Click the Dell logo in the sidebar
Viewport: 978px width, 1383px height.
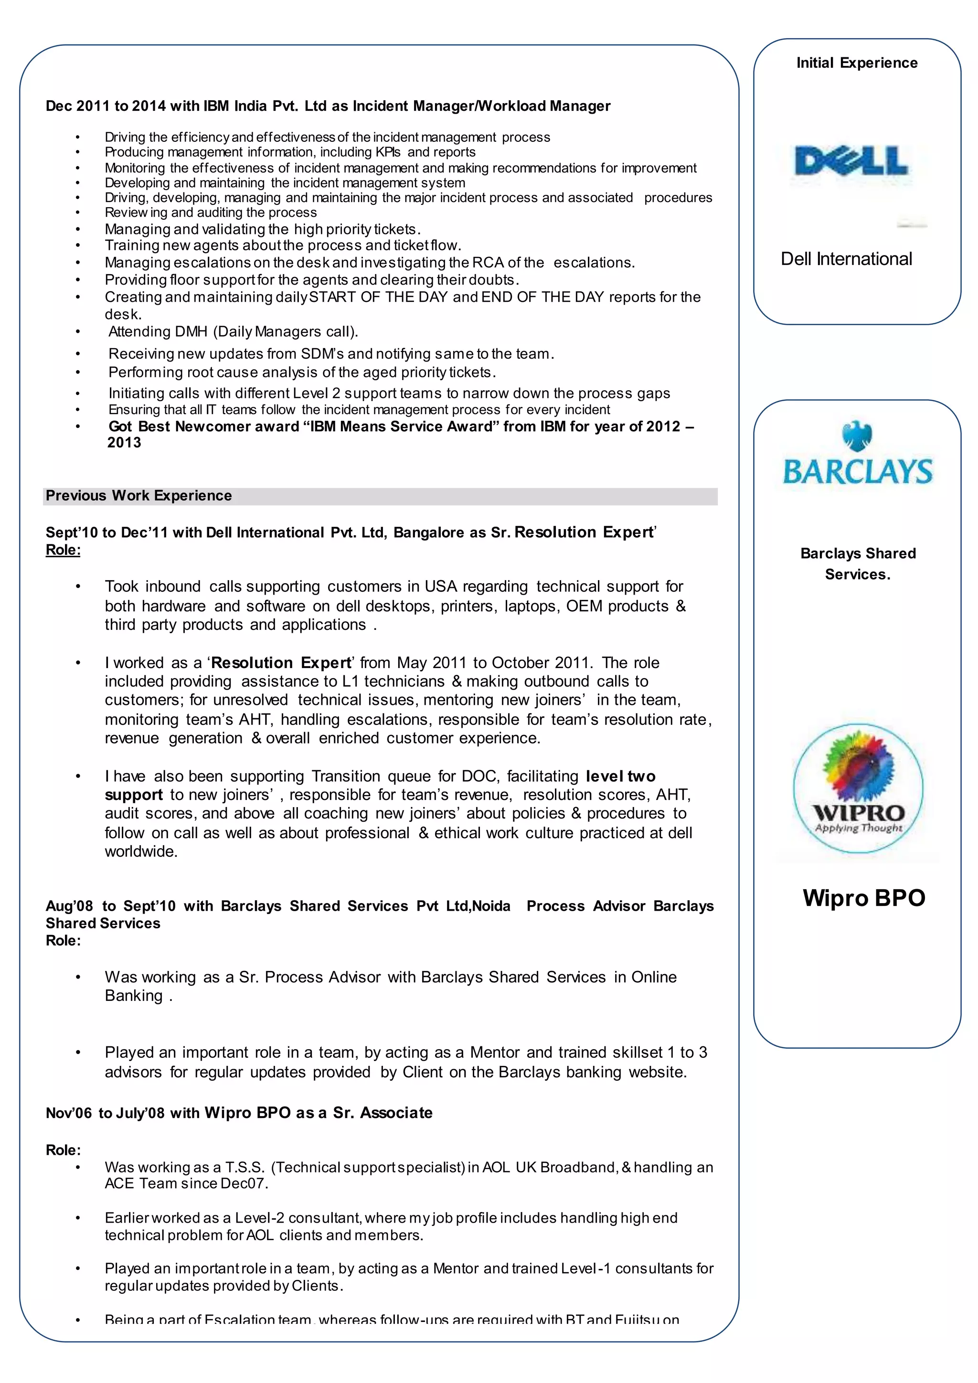[851, 161]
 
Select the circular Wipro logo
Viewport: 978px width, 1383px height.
[858, 788]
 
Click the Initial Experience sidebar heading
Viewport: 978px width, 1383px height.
[856, 63]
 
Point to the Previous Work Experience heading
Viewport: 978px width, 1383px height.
[138, 496]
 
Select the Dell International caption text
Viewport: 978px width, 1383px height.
[846, 259]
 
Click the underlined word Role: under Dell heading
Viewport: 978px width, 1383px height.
[63, 550]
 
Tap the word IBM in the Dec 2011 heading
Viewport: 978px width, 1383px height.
[216, 106]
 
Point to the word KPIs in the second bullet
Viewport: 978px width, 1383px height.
[388, 152]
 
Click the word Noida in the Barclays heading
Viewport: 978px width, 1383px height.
[491, 906]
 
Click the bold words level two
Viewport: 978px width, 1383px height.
[620, 776]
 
